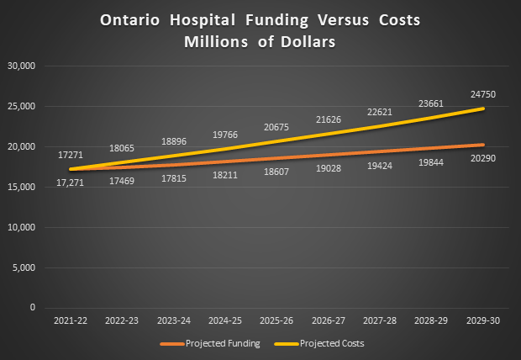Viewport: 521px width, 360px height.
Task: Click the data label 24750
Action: tap(482, 95)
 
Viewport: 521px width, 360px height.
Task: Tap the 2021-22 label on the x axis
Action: tap(71, 321)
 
